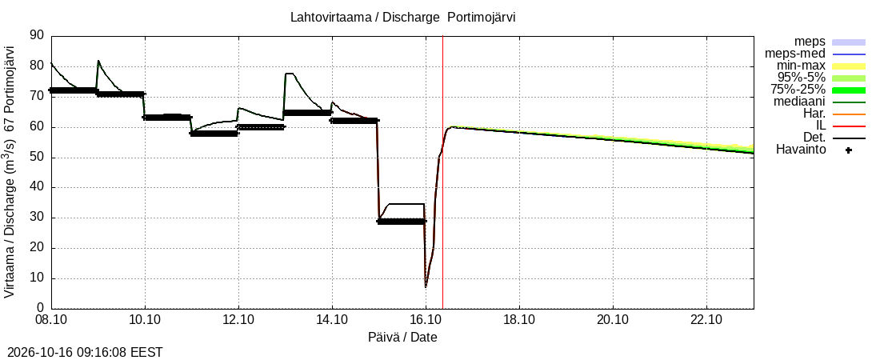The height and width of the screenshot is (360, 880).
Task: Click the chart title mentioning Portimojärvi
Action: click(x=402, y=17)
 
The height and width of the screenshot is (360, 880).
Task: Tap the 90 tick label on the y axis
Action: click(x=37, y=35)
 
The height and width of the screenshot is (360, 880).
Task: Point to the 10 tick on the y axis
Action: click(x=37, y=278)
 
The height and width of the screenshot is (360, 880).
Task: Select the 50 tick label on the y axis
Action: click(x=37, y=157)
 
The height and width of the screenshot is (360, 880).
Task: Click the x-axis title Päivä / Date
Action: click(x=402, y=337)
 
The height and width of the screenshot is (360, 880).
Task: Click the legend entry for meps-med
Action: click(x=794, y=54)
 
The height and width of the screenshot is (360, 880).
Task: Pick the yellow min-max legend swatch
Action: click(x=849, y=66)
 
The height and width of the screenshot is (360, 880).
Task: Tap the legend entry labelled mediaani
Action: click(x=799, y=102)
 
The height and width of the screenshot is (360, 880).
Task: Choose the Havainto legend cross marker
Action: click(x=849, y=150)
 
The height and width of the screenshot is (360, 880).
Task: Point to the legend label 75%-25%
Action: click(x=801, y=90)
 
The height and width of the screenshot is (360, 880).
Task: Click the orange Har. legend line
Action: click(x=849, y=114)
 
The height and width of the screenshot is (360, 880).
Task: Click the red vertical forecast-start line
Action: click(x=443, y=172)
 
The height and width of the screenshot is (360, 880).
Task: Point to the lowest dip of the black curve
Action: click(x=426, y=287)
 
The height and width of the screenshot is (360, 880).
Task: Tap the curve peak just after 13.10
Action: click(x=289, y=73)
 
